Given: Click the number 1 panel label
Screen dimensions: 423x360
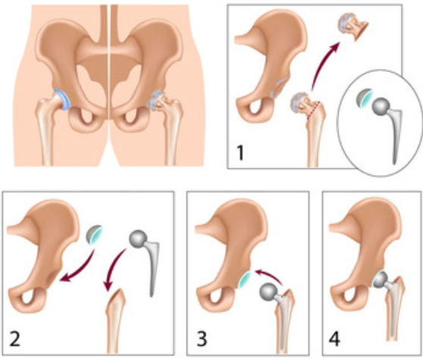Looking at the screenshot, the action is point(240,153).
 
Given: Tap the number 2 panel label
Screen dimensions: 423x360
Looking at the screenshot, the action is point(14,339).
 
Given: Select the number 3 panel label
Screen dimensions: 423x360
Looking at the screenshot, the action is point(202,339).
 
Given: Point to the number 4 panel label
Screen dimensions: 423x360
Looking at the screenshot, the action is point(334,339).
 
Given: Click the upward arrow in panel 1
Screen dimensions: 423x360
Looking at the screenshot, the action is point(321,64).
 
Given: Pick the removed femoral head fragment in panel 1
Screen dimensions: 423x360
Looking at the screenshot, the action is point(352,27).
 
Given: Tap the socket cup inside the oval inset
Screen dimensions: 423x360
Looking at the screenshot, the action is point(364,99).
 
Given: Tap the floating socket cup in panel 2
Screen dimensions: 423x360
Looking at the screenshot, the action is point(94,234).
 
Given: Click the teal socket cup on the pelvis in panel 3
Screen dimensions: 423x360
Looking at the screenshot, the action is point(245,280).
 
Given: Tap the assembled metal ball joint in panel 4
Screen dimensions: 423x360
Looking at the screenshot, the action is point(381,280).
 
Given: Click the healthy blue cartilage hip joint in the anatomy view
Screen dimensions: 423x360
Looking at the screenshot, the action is point(63,100).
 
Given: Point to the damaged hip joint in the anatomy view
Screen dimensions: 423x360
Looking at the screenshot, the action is point(157,100).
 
